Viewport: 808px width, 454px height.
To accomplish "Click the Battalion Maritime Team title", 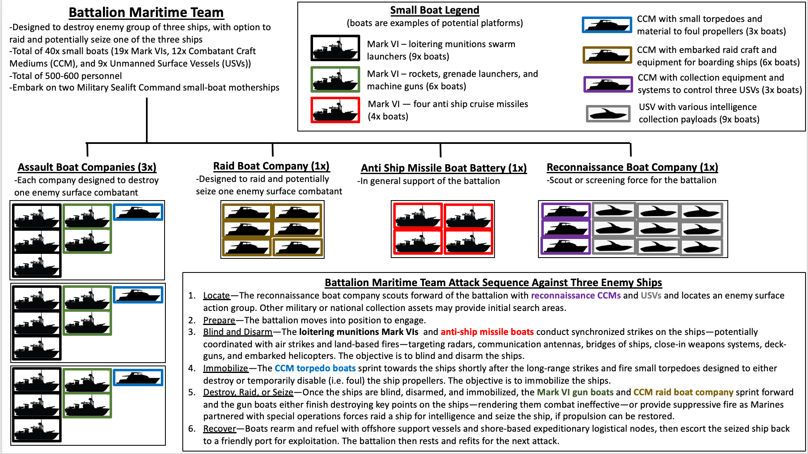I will tap(146, 12).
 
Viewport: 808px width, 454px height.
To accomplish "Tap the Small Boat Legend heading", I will tap(435, 10).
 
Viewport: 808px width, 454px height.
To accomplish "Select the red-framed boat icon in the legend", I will tap(335, 110).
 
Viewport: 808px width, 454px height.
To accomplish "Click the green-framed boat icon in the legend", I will tap(335, 79).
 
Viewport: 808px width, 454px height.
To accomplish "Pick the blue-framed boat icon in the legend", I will tap(607, 25).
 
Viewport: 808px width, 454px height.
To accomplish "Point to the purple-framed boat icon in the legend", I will tap(608, 84).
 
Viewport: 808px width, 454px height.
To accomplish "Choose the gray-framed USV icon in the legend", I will tap(608, 113).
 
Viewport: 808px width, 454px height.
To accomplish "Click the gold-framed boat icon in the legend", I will tap(607, 55).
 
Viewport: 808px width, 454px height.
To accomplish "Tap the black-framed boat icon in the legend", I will tap(335, 48).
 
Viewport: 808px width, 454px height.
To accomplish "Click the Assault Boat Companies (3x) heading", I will tap(87, 167).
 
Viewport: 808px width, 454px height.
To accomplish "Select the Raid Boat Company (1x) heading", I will tap(271, 166).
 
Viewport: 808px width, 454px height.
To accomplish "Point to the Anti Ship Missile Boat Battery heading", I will tap(444, 168).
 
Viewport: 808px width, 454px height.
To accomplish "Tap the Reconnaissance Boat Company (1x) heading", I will tap(632, 167).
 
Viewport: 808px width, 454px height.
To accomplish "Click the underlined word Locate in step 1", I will tap(216, 296).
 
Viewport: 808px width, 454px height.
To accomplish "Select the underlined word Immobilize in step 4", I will tap(225, 368).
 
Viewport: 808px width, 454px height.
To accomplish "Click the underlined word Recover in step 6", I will tap(220, 429).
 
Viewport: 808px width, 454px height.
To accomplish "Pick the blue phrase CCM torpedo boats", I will tap(315, 368).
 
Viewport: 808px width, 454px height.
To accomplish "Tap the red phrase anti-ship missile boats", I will tap(487, 332).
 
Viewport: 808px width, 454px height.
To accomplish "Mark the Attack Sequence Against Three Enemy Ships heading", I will tap(493, 282).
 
